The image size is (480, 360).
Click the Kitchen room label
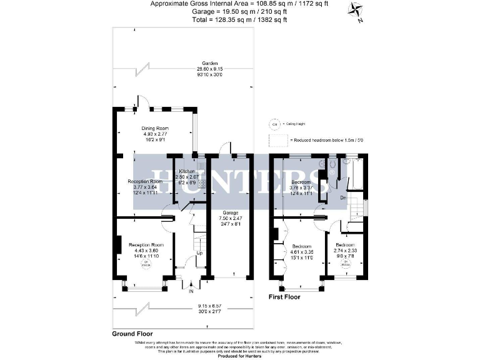[187, 171]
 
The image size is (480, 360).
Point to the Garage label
[231, 212]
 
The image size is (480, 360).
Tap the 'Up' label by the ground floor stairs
[200, 253]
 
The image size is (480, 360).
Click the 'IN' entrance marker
[191, 291]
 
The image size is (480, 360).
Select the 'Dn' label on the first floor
[343, 198]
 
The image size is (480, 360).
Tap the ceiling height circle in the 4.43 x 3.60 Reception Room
[146, 263]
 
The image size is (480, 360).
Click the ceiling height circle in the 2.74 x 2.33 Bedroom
[344, 262]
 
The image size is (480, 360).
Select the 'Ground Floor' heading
[132, 334]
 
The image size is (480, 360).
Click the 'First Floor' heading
[284, 297]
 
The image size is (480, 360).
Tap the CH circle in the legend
[272, 124]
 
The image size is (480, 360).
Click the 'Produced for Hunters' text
[239, 356]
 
